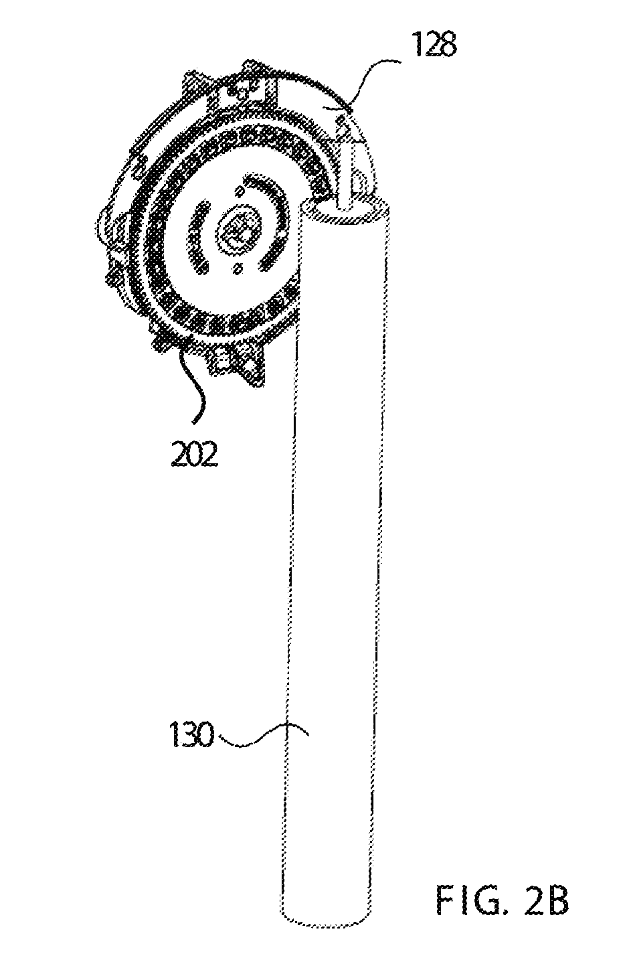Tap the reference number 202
tap(195, 454)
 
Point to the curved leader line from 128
tap(372, 80)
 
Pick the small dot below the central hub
tap(236, 270)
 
